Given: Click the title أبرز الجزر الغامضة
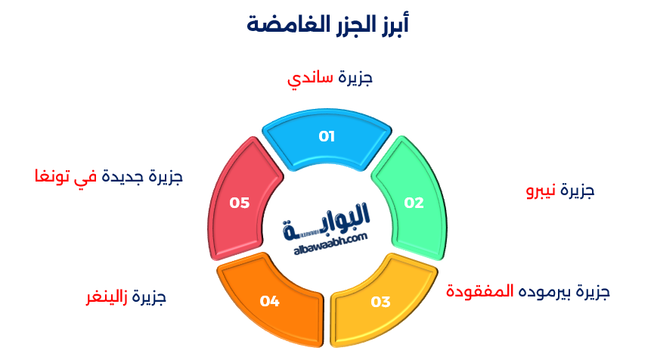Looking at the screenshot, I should click(327, 23).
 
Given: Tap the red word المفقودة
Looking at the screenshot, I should click(479, 290).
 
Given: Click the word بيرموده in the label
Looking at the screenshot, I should click(545, 290).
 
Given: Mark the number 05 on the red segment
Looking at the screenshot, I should click(240, 203).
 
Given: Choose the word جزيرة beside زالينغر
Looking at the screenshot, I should click(149, 296).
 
